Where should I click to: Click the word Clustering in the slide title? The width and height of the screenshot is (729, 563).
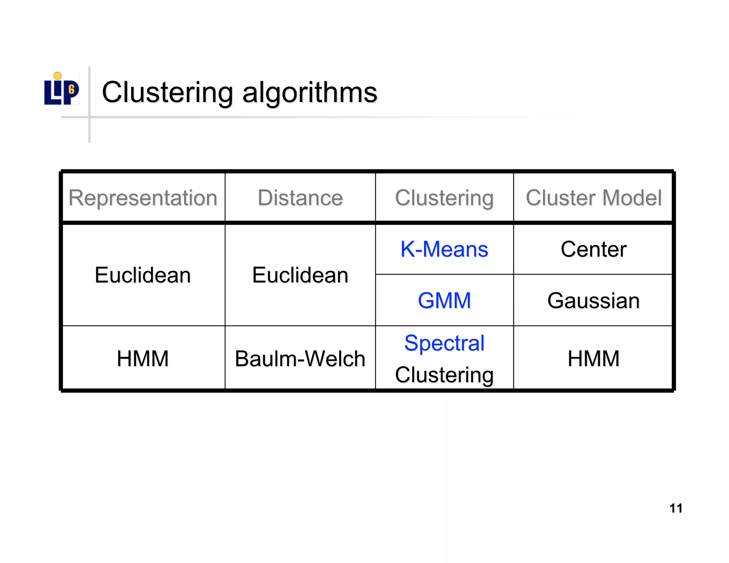(x=167, y=92)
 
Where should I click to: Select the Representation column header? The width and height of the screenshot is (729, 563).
(x=143, y=198)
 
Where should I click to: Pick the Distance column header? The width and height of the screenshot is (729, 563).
(x=300, y=198)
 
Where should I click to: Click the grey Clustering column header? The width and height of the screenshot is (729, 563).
(x=444, y=198)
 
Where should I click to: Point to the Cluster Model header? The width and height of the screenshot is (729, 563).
(x=593, y=198)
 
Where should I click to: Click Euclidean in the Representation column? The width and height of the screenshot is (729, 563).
(x=143, y=275)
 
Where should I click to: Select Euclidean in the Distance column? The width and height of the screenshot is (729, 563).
(x=300, y=275)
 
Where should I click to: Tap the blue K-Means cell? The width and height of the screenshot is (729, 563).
(x=444, y=249)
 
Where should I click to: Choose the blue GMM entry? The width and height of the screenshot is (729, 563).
(x=444, y=300)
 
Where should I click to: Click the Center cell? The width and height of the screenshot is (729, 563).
(x=593, y=249)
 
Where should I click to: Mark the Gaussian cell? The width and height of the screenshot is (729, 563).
(x=593, y=301)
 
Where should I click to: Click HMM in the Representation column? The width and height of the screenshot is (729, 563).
(x=143, y=358)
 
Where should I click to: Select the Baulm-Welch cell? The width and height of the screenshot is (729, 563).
(x=300, y=358)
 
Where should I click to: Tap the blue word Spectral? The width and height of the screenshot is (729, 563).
(x=444, y=343)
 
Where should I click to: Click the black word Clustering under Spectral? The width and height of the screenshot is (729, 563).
(x=444, y=375)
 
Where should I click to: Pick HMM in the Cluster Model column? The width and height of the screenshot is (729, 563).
(x=593, y=358)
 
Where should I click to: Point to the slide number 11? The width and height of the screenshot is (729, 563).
(x=676, y=508)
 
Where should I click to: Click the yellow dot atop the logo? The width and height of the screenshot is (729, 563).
(x=58, y=76)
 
